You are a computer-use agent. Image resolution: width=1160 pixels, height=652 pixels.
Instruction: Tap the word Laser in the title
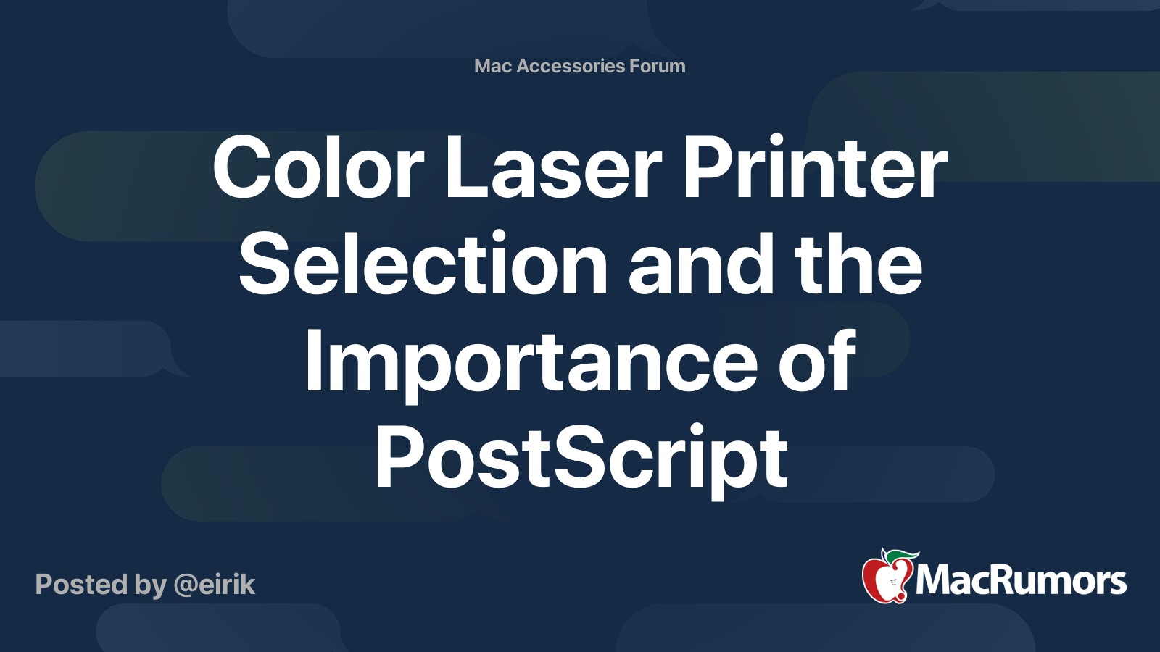tap(552, 168)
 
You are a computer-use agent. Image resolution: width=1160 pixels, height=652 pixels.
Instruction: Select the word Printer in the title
tap(814, 168)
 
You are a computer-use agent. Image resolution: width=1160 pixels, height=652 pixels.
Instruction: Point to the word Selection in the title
tap(423, 265)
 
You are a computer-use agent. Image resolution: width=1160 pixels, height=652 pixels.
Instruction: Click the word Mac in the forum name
tap(493, 66)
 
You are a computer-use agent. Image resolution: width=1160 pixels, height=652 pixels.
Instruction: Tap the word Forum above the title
tap(658, 66)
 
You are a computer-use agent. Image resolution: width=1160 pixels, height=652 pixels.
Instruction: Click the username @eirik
tap(215, 585)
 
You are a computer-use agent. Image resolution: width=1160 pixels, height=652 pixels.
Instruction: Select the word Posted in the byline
tap(82, 585)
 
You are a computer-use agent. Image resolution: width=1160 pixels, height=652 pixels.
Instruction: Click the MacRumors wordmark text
tap(1021, 581)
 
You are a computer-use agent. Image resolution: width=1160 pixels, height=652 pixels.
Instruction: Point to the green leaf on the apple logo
tap(901, 556)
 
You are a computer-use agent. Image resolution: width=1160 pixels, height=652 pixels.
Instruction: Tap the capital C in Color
tap(243, 168)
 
